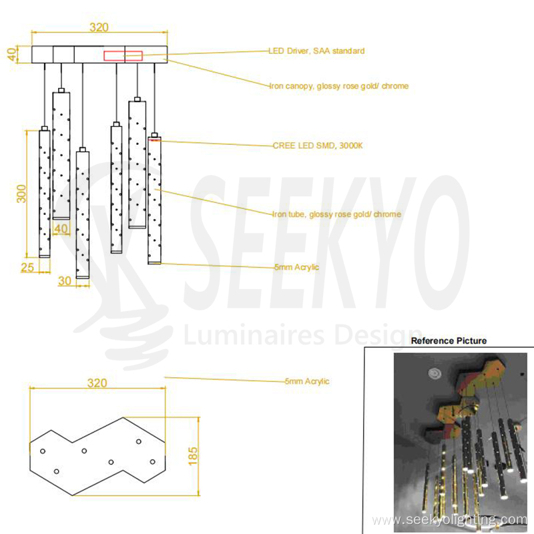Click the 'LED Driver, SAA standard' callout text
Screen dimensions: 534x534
click(x=316, y=51)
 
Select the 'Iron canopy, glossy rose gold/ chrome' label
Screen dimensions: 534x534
click(x=338, y=86)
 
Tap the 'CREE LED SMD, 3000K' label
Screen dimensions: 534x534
click(x=317, y=146)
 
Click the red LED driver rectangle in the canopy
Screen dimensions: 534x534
click(x=123, y=55)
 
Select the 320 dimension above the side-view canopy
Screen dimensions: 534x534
click(x=99, y=27)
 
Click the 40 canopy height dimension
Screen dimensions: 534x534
click(x=12, y=54)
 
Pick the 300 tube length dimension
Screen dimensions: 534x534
click(x=21, y=194)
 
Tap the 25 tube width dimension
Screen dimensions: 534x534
click(x=26, y=268)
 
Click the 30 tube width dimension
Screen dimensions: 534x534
click(x=65, y=281)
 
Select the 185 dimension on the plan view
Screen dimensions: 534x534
click(x=193, y=455)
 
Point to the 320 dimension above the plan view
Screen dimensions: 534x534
click(x=97, y=384)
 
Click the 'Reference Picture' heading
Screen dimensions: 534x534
click(x=449, y=341)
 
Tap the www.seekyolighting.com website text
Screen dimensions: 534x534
click(x=449, y=520)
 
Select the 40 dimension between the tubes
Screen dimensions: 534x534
click(x=61, y=229)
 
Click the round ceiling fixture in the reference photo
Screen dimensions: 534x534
click(x=435, y=372)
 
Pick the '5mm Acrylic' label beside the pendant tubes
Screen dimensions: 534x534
click(x=296, y=268)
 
